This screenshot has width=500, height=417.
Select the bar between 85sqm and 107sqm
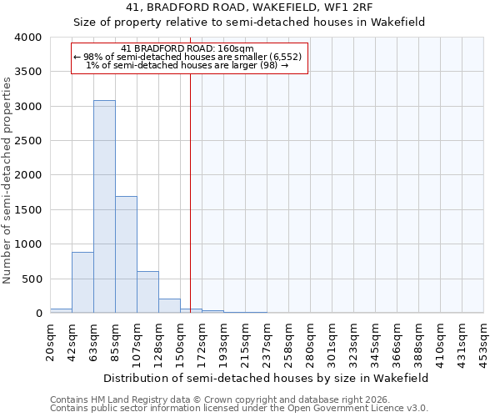(x=126, y=254)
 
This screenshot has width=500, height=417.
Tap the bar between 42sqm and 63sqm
(x=82, y=282)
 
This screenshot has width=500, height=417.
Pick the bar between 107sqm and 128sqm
(x=147, y=292)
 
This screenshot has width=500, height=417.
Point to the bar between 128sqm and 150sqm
(x=169, y=305)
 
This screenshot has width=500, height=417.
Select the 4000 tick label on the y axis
(x=27, y=38)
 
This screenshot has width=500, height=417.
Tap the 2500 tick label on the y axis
(x=27, y=141)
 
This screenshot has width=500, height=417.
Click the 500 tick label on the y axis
(x=31, y=279)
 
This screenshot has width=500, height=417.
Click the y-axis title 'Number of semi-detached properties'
(x=7, y=179)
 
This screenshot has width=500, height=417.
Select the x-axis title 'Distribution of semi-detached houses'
(x=267, y=378)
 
